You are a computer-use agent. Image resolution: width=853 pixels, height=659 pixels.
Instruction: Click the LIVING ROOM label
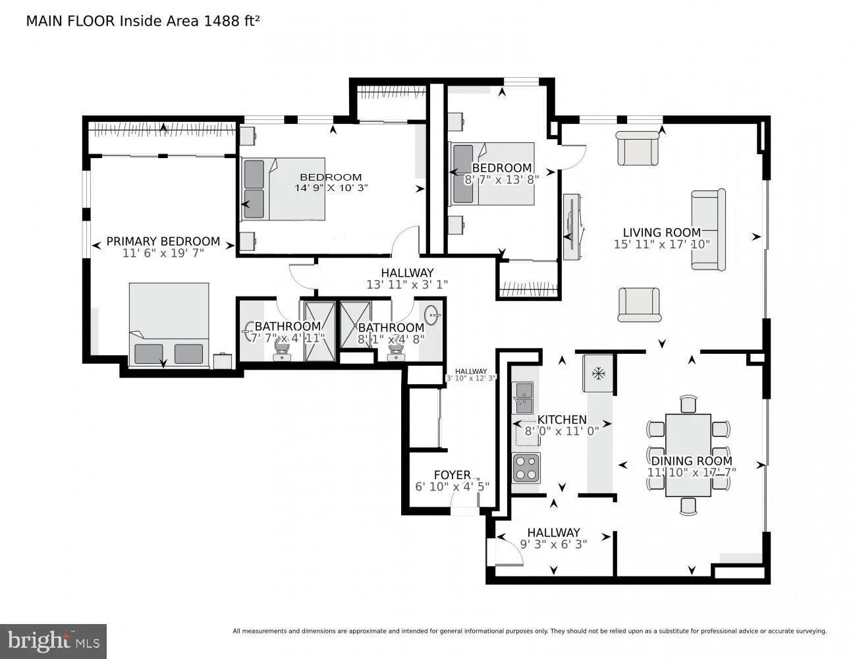tap(661, 232)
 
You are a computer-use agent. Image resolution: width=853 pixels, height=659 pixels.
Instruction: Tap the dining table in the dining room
tap(688, 455)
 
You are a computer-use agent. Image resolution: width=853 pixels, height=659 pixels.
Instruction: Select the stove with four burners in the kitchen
tap(526, 469)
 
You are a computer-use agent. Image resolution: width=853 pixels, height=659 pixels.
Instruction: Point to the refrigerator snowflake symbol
tap(598, 374)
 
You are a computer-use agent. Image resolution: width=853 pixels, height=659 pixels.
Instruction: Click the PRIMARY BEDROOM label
tap(163, 241)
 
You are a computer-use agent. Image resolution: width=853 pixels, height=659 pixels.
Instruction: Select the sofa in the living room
tap(708, 229)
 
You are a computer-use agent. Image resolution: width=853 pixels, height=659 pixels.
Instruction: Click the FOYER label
tap(452, 474)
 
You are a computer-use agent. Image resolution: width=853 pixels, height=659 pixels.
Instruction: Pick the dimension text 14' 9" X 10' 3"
tap(331, 187)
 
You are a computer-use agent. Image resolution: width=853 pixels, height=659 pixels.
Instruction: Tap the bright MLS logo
tap(53, 641)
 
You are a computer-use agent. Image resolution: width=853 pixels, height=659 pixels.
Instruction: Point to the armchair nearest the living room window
tap(637, 148)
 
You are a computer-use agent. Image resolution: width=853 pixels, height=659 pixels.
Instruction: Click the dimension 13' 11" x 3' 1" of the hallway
tap(407, 285)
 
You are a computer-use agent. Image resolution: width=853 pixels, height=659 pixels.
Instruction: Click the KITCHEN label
tap(562, 419)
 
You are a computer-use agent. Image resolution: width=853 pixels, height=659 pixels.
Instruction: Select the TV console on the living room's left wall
tap(571, 227)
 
